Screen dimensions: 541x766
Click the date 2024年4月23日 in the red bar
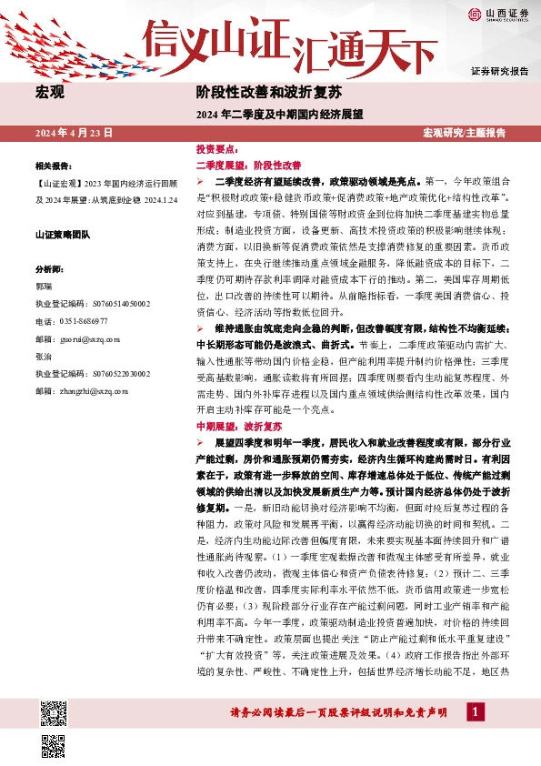(74, 133)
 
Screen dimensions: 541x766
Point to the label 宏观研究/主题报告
(464, 133)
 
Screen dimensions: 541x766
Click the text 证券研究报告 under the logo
(499, 70)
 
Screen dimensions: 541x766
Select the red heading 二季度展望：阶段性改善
(248, 166)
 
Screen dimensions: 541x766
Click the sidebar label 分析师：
(49, 270)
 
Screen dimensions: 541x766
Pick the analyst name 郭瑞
(44, 286)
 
